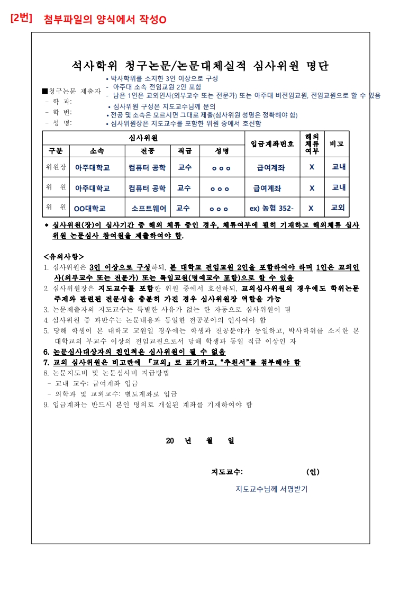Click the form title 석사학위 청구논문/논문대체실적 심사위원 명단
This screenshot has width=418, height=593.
pos(201,66)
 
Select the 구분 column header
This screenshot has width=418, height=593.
pos(56,150)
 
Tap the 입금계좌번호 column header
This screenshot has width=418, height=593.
pos(272,143)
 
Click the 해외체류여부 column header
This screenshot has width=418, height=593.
pos(312,143)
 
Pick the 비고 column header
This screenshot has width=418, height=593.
pos(337,143)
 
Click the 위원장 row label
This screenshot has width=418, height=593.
pos(56,167)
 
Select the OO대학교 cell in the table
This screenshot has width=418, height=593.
pos(89,208)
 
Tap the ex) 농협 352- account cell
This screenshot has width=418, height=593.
pos(271,208)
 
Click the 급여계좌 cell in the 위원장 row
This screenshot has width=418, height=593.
pos(270,167)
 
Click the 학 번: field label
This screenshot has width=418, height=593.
pos(59,112)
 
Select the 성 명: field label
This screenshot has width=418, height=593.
pos(59,123)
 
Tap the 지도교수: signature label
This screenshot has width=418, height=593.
pos(227,472)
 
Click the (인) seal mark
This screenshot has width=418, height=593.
pos(312,472)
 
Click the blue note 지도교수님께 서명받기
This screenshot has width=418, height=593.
pos(271,489)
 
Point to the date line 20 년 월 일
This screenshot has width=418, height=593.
pos(200,441)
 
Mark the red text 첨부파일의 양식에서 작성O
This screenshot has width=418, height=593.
pos(105,20)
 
